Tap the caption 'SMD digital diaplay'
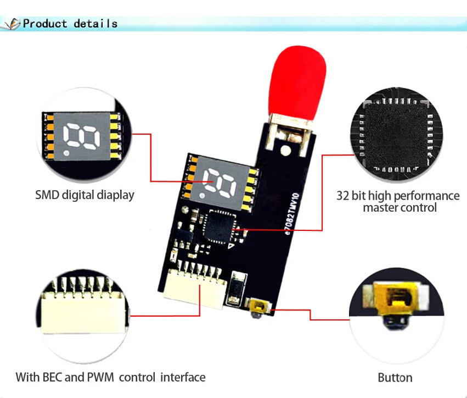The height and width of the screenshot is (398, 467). (x=85, y=195)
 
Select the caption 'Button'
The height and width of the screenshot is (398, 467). (x=395, y=378)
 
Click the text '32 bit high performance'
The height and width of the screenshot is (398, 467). (x=398, y=196)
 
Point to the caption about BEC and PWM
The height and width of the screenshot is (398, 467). (x=110, y=377)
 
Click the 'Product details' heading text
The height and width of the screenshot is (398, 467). (x=70, y=24)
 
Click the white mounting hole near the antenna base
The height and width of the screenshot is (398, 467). (x=285, y=150)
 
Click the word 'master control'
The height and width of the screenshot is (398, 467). (x=400, y=208)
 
